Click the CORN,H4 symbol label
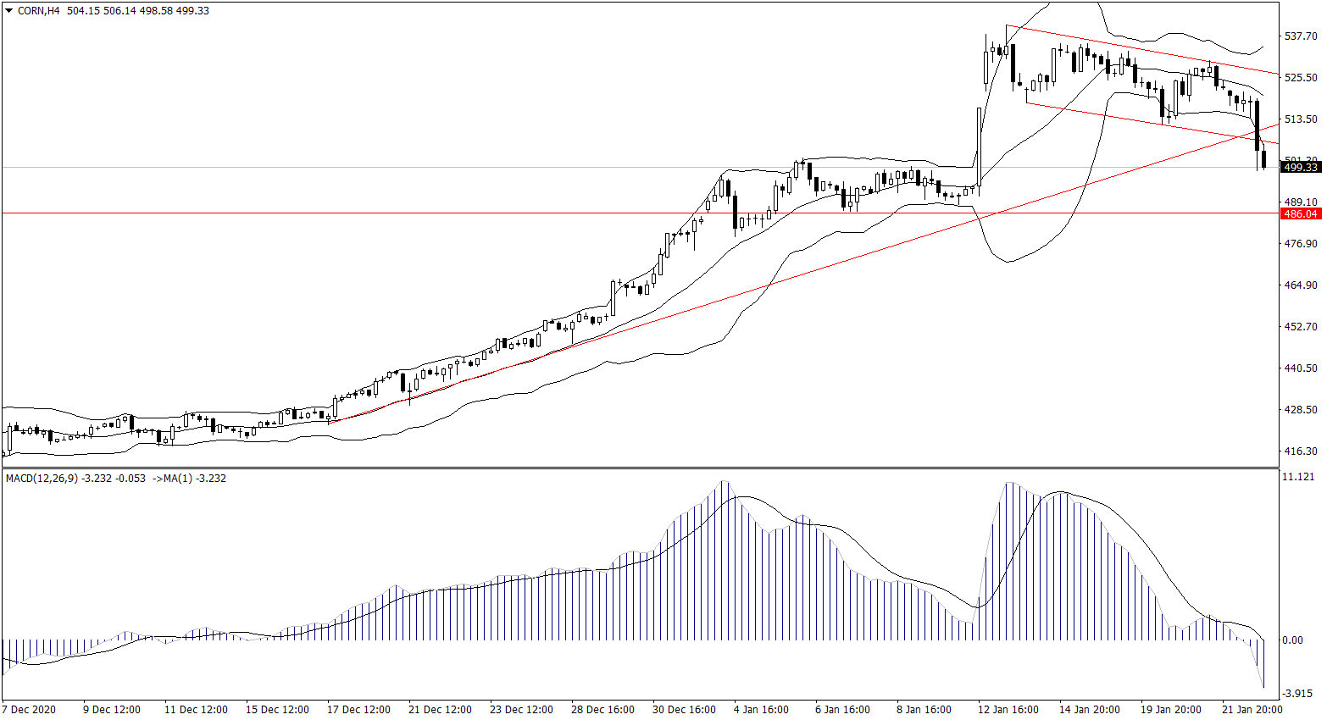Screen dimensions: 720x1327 [x=39, y=11]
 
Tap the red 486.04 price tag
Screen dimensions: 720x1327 [x=1301, y=214]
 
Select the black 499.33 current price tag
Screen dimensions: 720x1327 [x=1301, y=168]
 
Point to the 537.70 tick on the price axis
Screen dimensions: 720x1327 [x=1301, y=36]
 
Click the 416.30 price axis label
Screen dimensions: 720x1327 [x=1301, y=451]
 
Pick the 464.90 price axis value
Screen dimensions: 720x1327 [x=1301, y=285]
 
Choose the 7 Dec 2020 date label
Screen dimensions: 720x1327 [x=29, y=710]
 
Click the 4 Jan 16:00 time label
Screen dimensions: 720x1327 [x=761, y=710]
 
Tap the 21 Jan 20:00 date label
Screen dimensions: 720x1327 [x=1252, y=710]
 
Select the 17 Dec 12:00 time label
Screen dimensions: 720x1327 [x=358, y=710]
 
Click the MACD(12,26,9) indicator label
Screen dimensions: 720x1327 [x=42, y=479]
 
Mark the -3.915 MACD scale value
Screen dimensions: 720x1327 [x=1297, y=694]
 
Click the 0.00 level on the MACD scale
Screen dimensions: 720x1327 [x=1293, y=640]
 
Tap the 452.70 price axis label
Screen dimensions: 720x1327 [x=1301, y=327]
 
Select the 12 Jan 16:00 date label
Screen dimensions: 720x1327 [x=1008, y=710]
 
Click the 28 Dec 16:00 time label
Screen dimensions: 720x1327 [x=602, y=710]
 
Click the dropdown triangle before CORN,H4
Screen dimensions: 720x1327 [x=8, y=11]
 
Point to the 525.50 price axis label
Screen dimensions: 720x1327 [x=1301, y=78]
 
